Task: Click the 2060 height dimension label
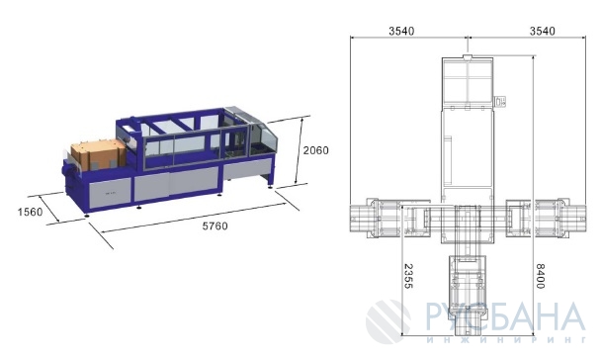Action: click(x=316, y=150)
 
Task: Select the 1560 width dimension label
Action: click(x=31, y=212)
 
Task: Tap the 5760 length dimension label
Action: click(x=215, y=226)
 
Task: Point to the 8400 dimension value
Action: click(x=540, y=276)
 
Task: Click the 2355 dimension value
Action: click(x=408, y=276)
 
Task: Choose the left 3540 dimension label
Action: click(x=401, y=31)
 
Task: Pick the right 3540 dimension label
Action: click(x=542, y=31)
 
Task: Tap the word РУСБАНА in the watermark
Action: click(x=505, y=316)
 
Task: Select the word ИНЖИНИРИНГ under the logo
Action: click(x=506, y=339)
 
